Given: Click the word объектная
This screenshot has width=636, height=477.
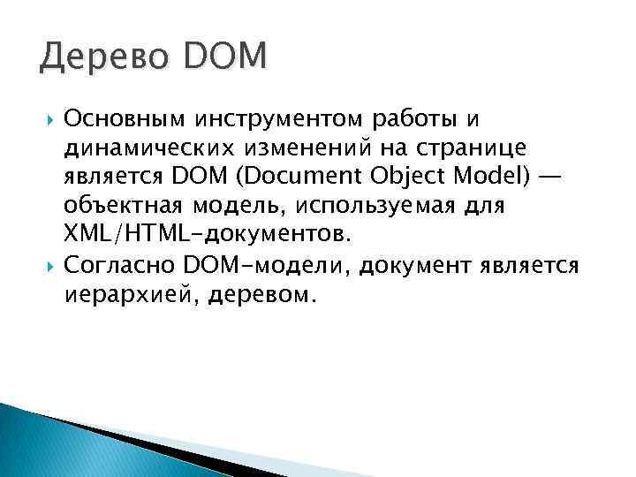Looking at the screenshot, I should click(123, 207).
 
